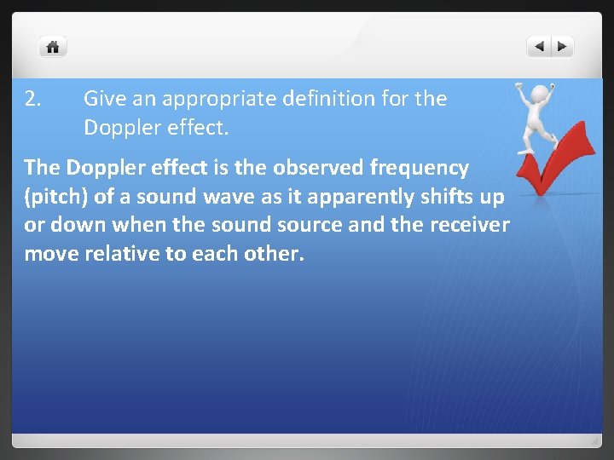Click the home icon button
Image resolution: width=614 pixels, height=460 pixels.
pyautogui.click(x=53, y=47)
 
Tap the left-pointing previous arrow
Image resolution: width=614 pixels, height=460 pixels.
pyautogui.click(x=539, y=47)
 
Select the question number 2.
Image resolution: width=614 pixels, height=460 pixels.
pyautogui.click(x=32, y=99)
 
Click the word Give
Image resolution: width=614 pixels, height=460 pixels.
pyautogui.click(x=101, y=99)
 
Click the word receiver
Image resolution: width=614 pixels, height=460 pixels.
pyautogui.click(x=468, y=226)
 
